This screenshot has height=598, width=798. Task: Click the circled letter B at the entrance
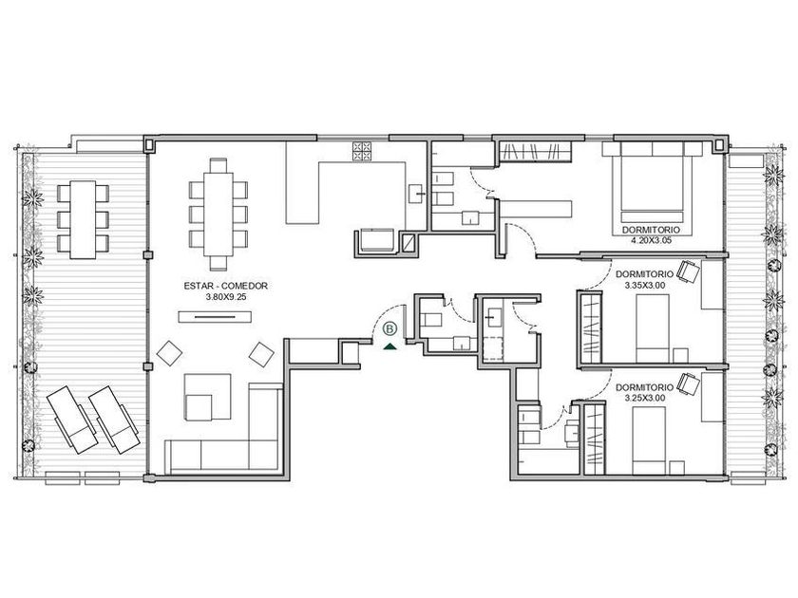coord(389,329)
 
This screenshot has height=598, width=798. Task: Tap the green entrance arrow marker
coord(389,346)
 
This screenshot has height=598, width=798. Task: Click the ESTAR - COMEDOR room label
coord(225,287)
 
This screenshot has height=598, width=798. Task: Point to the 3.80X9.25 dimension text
coord(225,297)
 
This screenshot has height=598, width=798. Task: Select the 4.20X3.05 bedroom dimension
coord(651,241)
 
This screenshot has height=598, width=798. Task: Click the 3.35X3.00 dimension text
coord(645,286)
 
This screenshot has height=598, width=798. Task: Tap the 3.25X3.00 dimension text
coord(645,399)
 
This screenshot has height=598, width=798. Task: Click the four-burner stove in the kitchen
coord(362,151)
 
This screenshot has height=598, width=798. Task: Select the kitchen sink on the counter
coord(416,194)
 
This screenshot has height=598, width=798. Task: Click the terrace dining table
coord(83,219)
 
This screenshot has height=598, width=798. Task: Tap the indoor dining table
coord(218,215)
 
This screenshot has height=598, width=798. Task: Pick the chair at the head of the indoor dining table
coord(218,166)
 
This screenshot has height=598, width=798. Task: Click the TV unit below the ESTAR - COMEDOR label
coord(215,317)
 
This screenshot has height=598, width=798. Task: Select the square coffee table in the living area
coord(199,407)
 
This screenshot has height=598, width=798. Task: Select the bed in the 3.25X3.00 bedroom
coord(649,440)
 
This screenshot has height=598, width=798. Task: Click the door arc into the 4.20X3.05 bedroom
coord(525,233)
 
